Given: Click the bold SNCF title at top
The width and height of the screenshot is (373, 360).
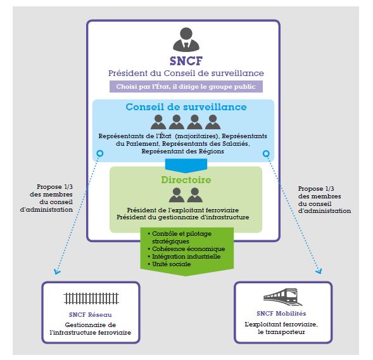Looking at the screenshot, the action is click(186, 61).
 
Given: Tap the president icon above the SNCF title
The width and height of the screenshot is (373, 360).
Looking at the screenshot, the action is click(186, 39).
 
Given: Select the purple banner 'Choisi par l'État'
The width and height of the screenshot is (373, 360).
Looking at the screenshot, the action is click(186, 86).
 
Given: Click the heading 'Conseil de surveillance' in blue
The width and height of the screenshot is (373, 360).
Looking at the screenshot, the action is click(186, 107).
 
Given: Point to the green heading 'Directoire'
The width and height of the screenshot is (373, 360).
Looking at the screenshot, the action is click(186, 180).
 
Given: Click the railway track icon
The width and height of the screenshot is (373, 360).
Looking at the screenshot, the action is click(91, 299).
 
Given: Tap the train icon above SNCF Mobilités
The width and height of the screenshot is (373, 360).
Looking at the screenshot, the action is click(283, 297).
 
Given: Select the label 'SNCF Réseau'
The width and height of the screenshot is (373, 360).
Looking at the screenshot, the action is click(91, 315).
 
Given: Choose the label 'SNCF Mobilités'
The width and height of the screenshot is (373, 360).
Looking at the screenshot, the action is click(281, 313).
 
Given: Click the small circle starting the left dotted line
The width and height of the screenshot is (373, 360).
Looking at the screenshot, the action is click(100, 153).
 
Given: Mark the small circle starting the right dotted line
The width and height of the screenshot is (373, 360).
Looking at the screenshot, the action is click(266, 153).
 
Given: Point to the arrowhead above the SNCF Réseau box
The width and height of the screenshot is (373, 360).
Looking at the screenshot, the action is click(57, 272).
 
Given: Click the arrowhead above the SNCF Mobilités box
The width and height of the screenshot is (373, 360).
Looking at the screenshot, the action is click(319, 271).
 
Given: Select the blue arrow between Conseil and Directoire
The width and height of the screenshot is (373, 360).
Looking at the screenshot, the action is click(186, 165).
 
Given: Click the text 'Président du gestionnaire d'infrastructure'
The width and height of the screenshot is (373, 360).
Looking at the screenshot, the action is click(182, 217).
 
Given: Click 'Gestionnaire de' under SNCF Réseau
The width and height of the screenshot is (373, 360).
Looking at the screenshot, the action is click(91, 325).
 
